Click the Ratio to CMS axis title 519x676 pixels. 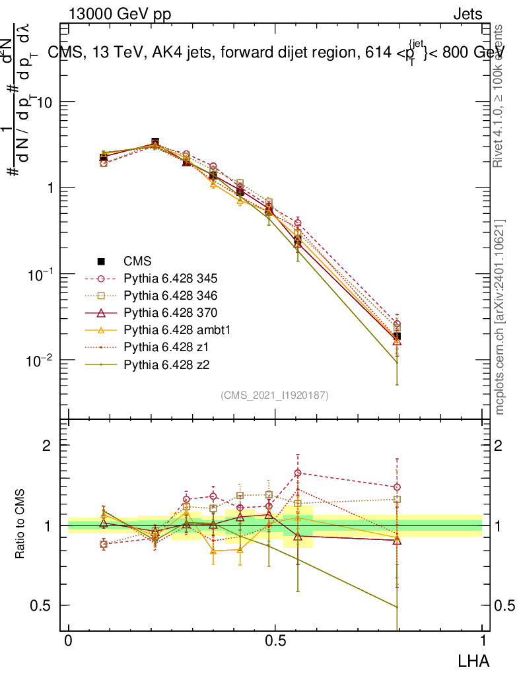pos(20,525)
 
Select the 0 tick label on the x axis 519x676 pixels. pos(69,641)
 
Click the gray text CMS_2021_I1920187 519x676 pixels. pos(275,395)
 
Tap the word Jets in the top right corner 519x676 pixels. pos(467,14)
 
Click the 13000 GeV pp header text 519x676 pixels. pos(120,14)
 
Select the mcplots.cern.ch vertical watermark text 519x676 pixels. pos(500,317)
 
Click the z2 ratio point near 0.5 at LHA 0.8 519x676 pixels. pos(397,607)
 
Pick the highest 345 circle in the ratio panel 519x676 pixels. pos(298,473)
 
